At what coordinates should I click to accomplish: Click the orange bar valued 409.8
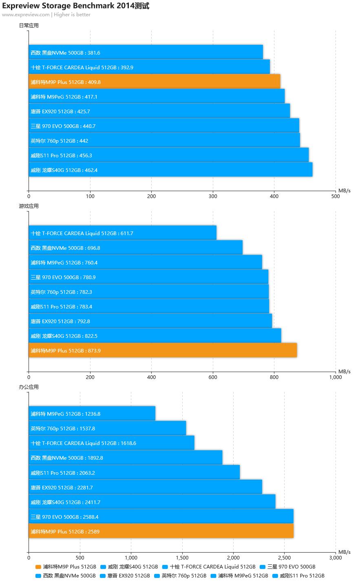point(154,82)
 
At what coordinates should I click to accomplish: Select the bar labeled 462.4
point(170,170)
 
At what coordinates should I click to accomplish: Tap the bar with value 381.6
point(146,53)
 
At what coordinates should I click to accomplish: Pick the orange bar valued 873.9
point(163,350)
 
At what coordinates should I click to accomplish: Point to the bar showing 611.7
point(122,233)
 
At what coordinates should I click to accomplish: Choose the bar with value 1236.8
point(92,414)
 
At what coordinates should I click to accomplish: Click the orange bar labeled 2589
point(161,531)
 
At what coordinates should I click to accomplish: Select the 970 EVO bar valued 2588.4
point(161,517)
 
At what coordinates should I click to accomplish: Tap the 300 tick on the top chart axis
point(213,196)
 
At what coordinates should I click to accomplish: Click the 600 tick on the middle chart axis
point(213,377)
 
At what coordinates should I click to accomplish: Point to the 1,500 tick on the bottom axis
point(182,557)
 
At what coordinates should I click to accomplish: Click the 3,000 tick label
point(335,557)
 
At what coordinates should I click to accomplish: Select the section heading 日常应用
point(29,25)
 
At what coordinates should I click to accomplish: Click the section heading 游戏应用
point(29,206)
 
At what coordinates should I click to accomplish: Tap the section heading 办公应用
point(29,387)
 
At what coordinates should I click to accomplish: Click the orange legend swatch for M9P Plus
point(38,567)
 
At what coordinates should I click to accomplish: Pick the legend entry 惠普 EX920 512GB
point(128,576)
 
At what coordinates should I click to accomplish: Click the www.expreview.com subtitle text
point(26,15)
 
